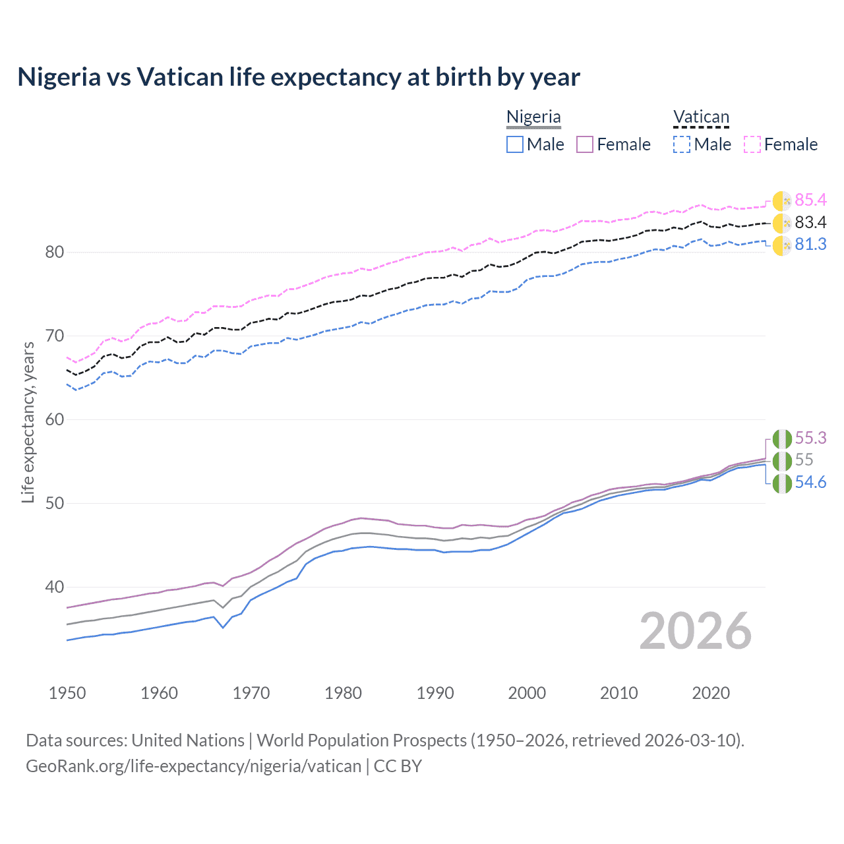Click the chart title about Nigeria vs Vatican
click(298, 77)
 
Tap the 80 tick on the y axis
click(55, 252)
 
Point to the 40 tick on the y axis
click(55, 587)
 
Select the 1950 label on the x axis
click(67, 693)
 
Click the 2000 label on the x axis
click(527, 693)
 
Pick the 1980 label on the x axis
click(343, 693)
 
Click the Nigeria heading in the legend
click(533, 117)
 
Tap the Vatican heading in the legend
click(701, 117)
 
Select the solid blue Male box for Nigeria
click(515, 144)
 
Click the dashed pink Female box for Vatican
click(752, 144)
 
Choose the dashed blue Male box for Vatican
click(682, 144)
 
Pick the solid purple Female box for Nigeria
click(585, 144)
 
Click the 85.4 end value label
click(810, 200)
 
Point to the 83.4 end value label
click(810, 222)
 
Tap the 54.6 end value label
click(810, 482)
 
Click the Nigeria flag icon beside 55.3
click(782, 438)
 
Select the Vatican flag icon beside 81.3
click(782, 245)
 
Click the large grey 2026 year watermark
click(695, 631)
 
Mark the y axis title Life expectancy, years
click(28, 422)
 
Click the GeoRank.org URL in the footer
click(193, 766)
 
